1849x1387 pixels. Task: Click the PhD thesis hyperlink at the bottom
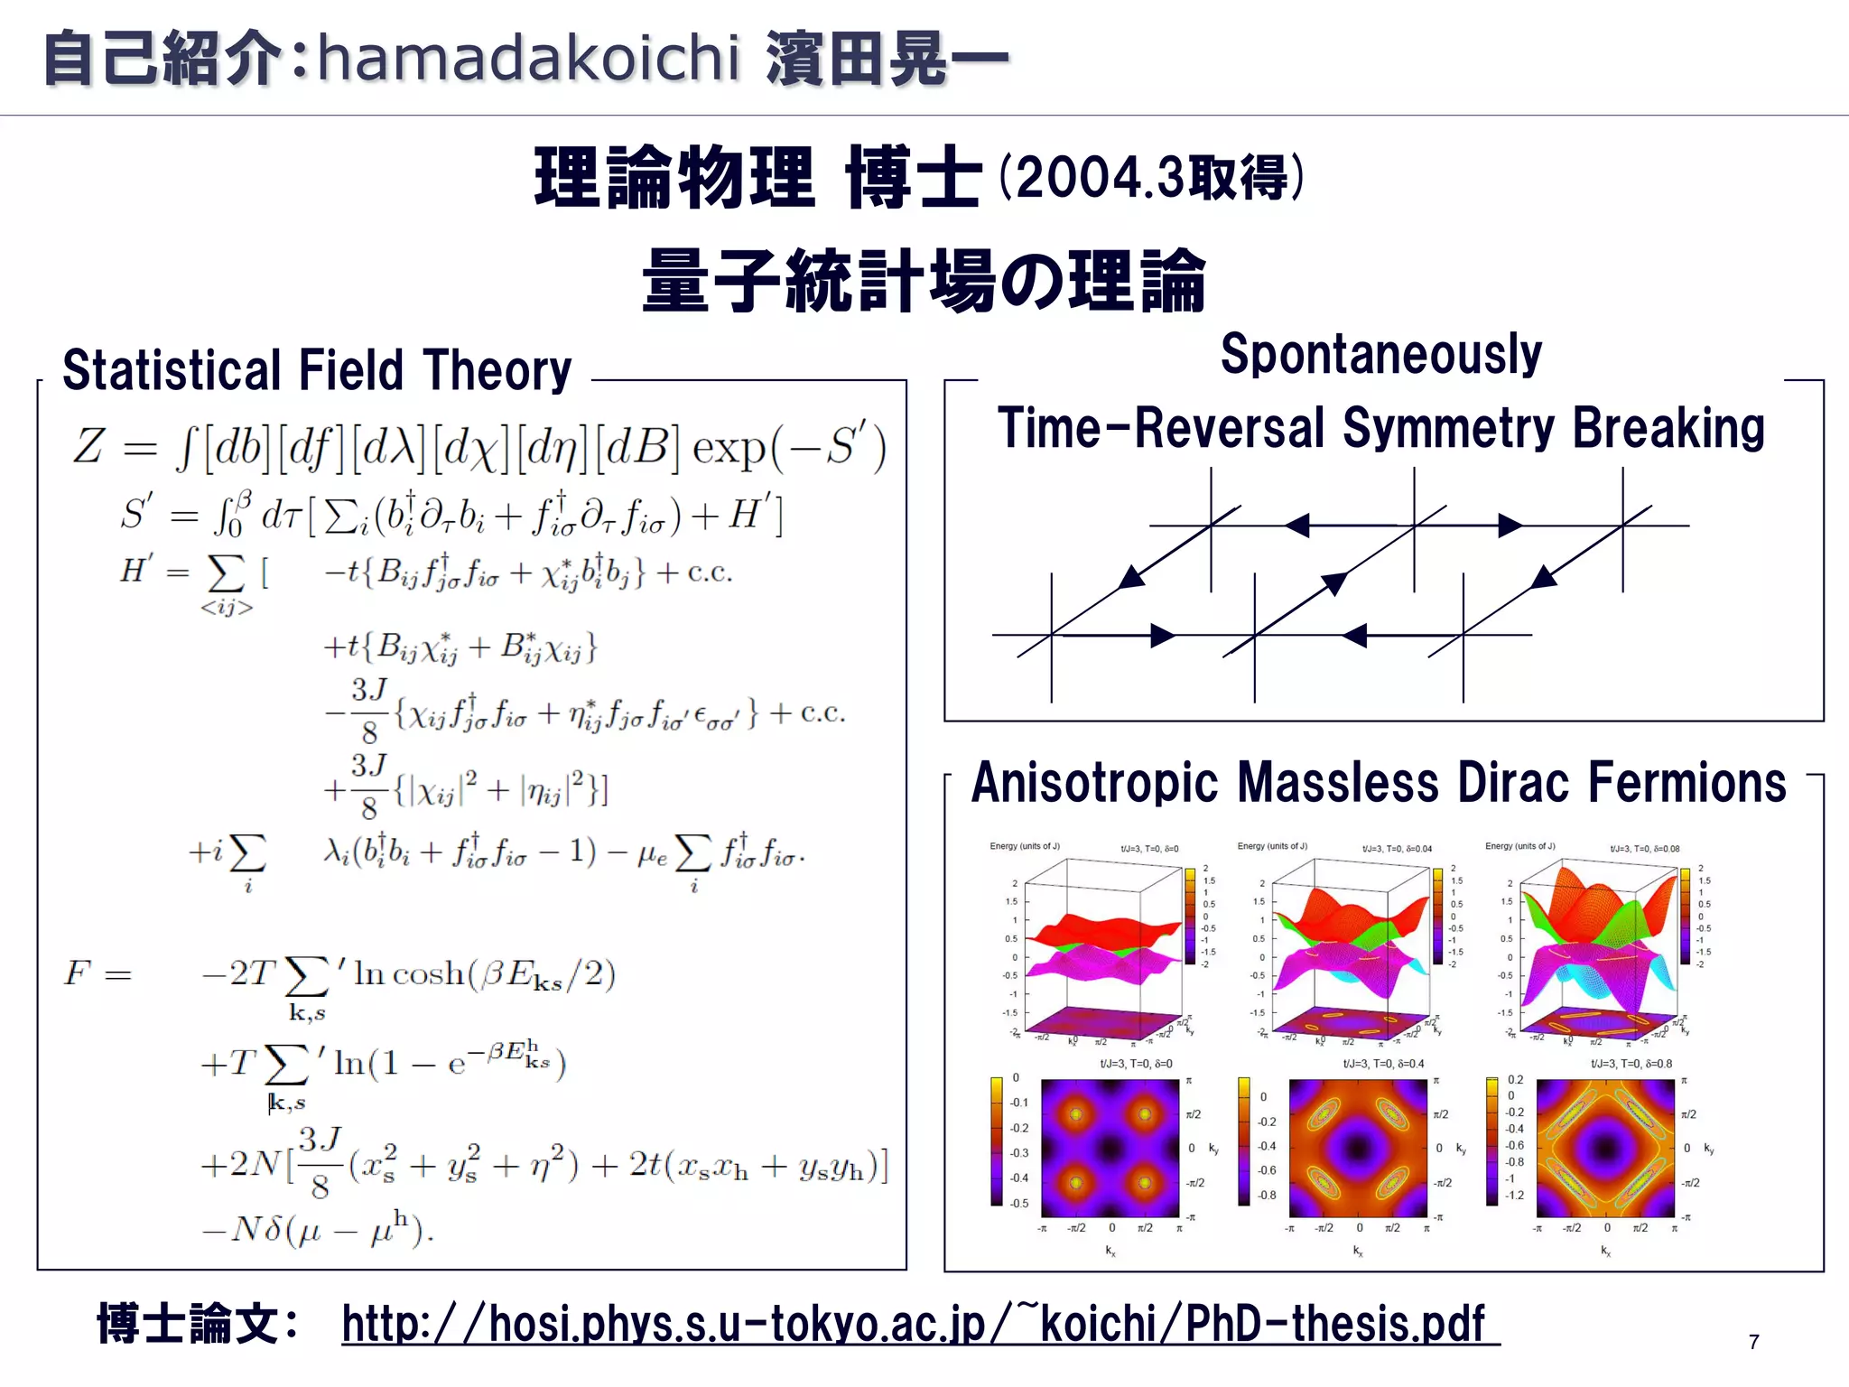pyautogui.click(x=919, y=1324)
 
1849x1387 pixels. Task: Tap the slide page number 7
pyautogui.click(x=1753, y=1343)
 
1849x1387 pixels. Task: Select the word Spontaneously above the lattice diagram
pyautogui.click(x=1380, y=354)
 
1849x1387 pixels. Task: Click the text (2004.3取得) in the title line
pyautogui.click(x=1150, y=177)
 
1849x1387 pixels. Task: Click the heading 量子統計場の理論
pyautogui.click(x=923, y=281)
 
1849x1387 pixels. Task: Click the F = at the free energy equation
pyautogui.click(x=98, y=973)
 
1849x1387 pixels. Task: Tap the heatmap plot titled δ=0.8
pyautogui.click(x=1605, y=1149)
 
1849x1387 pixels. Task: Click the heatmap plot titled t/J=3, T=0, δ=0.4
pyautogui.click(x=1358, y=1149)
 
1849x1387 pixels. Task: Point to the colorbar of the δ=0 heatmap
pyautogui.click(x=997, y=1141)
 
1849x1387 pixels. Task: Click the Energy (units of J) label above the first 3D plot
pyautogui.click(x=1024, y=847)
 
